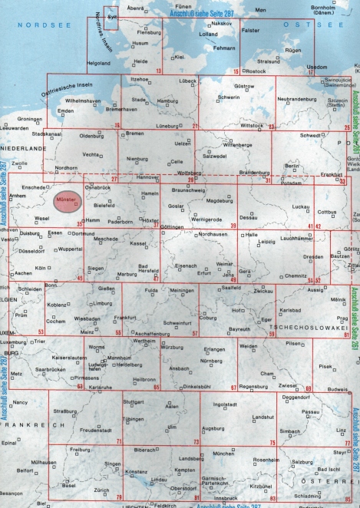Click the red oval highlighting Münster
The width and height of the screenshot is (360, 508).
pyautogui.click(x=65, y=202)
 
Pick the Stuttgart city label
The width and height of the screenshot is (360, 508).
pyautogui.click(x=134, y=401)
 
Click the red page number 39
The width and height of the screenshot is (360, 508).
pyautogui.click(x=233, y=225)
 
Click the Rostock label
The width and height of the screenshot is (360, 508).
pyautogui.click(x=256, y=71)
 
